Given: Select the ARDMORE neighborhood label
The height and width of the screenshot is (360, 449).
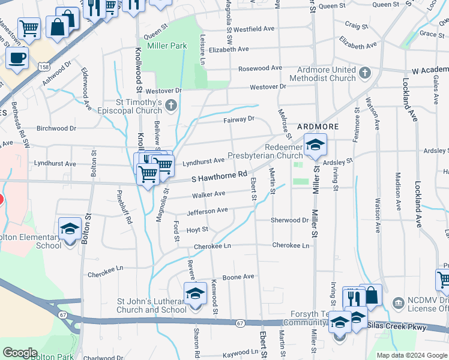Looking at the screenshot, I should click(x=319, y=127).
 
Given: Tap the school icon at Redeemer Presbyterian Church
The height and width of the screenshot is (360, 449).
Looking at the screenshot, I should click(x=315, y=145).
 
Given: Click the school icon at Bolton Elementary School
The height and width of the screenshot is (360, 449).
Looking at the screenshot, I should click(x=70, y=229).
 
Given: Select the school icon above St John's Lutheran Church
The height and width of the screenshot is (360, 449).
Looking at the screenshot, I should click(x=195, y=293).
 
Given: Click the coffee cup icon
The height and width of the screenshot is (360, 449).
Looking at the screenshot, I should click(x=18, y=58).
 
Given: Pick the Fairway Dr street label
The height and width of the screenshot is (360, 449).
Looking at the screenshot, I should click(x=240, y=119).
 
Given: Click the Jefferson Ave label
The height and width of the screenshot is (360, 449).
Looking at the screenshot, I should click(x=208, y=211).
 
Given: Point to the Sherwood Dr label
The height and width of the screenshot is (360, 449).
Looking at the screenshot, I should click(x=289, y=220).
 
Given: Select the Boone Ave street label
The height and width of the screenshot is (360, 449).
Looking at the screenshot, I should click(x=239, y=277).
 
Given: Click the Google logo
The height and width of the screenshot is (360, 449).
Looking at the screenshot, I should click(x=20, y=353).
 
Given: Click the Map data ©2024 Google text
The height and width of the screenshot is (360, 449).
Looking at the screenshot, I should click(x=411, y=355).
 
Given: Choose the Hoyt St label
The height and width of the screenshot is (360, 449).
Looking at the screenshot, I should click(x=197, y=229).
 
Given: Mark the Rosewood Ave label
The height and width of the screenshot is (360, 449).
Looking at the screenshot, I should click(x=260, y=68).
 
